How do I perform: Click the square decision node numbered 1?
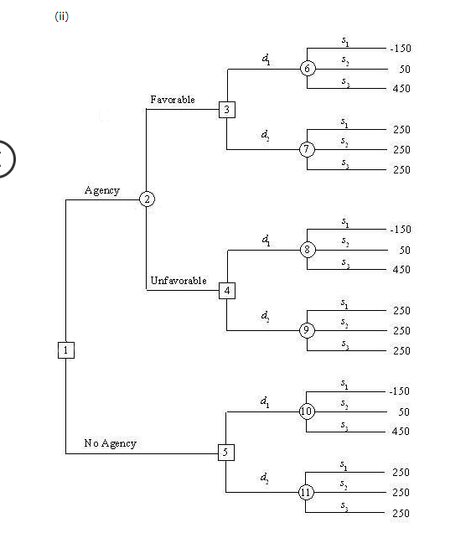(66, 350)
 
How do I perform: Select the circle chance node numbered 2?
(148, 199)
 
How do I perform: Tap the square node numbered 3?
(226, 109)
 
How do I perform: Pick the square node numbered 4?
(226, 291)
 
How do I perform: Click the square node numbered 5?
(225, 453)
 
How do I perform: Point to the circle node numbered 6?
(308, 69)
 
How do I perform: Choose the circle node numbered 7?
(308, 149)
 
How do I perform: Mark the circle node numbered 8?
(308, 250)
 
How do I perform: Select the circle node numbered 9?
(308, 330)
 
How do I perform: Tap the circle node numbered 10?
(307, 411)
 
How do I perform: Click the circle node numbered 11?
(307, 493)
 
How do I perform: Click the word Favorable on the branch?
(173, 100)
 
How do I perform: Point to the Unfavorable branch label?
(179, 281)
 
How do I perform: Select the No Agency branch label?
(110, 442)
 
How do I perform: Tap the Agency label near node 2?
(102, 190)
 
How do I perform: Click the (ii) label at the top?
(61, 18)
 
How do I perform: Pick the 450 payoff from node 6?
(401, 89)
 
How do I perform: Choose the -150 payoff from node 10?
(399, 391)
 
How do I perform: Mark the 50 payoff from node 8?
(404, 250)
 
